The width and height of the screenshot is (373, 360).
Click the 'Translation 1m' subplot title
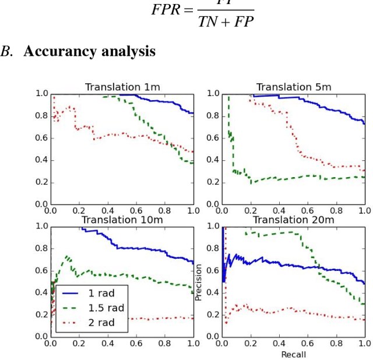pos(122,87)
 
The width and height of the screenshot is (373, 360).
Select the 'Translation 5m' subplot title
pos(294,87)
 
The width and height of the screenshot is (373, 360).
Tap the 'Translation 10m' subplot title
pos(122,220)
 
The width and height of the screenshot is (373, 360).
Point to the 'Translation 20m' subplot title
pos(294,220)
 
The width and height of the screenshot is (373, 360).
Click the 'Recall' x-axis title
pos(293,354)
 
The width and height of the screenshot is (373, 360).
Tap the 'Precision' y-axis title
pos(199,282)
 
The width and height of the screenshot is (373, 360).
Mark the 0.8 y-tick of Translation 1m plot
pos(41,116)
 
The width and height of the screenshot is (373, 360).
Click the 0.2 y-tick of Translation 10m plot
pos(41,315)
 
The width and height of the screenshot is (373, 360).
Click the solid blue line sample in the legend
pos(70,293)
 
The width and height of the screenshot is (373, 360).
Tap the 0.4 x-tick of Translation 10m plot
pos(107,344)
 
